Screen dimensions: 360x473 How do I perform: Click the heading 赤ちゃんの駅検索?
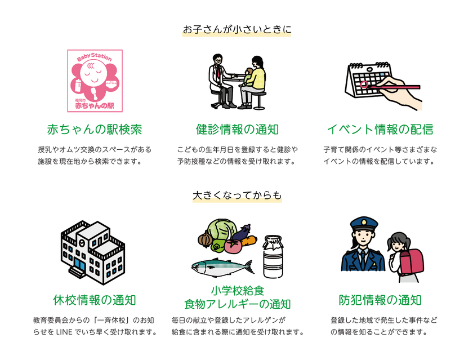95,130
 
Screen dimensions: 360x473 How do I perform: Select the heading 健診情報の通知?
237,130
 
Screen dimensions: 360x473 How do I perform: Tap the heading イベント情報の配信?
380,130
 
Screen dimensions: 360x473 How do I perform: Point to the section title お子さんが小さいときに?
237,29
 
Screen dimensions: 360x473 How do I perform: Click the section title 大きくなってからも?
237,195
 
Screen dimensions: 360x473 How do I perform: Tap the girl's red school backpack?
410,260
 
